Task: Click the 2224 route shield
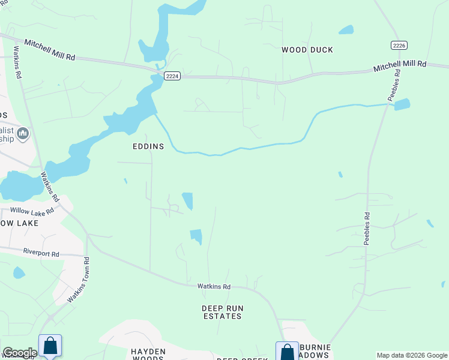coord(172,76)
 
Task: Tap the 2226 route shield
coord(399,45)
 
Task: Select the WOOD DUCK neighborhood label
coord(307,50)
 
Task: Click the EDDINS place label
coord(148,146)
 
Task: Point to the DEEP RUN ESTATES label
coord(222,312)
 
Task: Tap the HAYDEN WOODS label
coord(148,355)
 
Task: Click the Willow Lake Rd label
coord(32,211)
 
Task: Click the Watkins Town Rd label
coord(78,280)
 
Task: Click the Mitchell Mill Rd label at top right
coord(400,65)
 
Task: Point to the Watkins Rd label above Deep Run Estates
coord(214,287)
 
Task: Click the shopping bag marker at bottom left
coord(50,346)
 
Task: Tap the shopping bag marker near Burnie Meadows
coord(288,352)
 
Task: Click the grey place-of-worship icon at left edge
coord(23,133)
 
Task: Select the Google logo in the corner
coord(19,353)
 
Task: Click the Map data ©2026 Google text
coord(412,355)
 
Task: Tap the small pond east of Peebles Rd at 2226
coord(402,104)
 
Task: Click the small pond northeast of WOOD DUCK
coord(346,29)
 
